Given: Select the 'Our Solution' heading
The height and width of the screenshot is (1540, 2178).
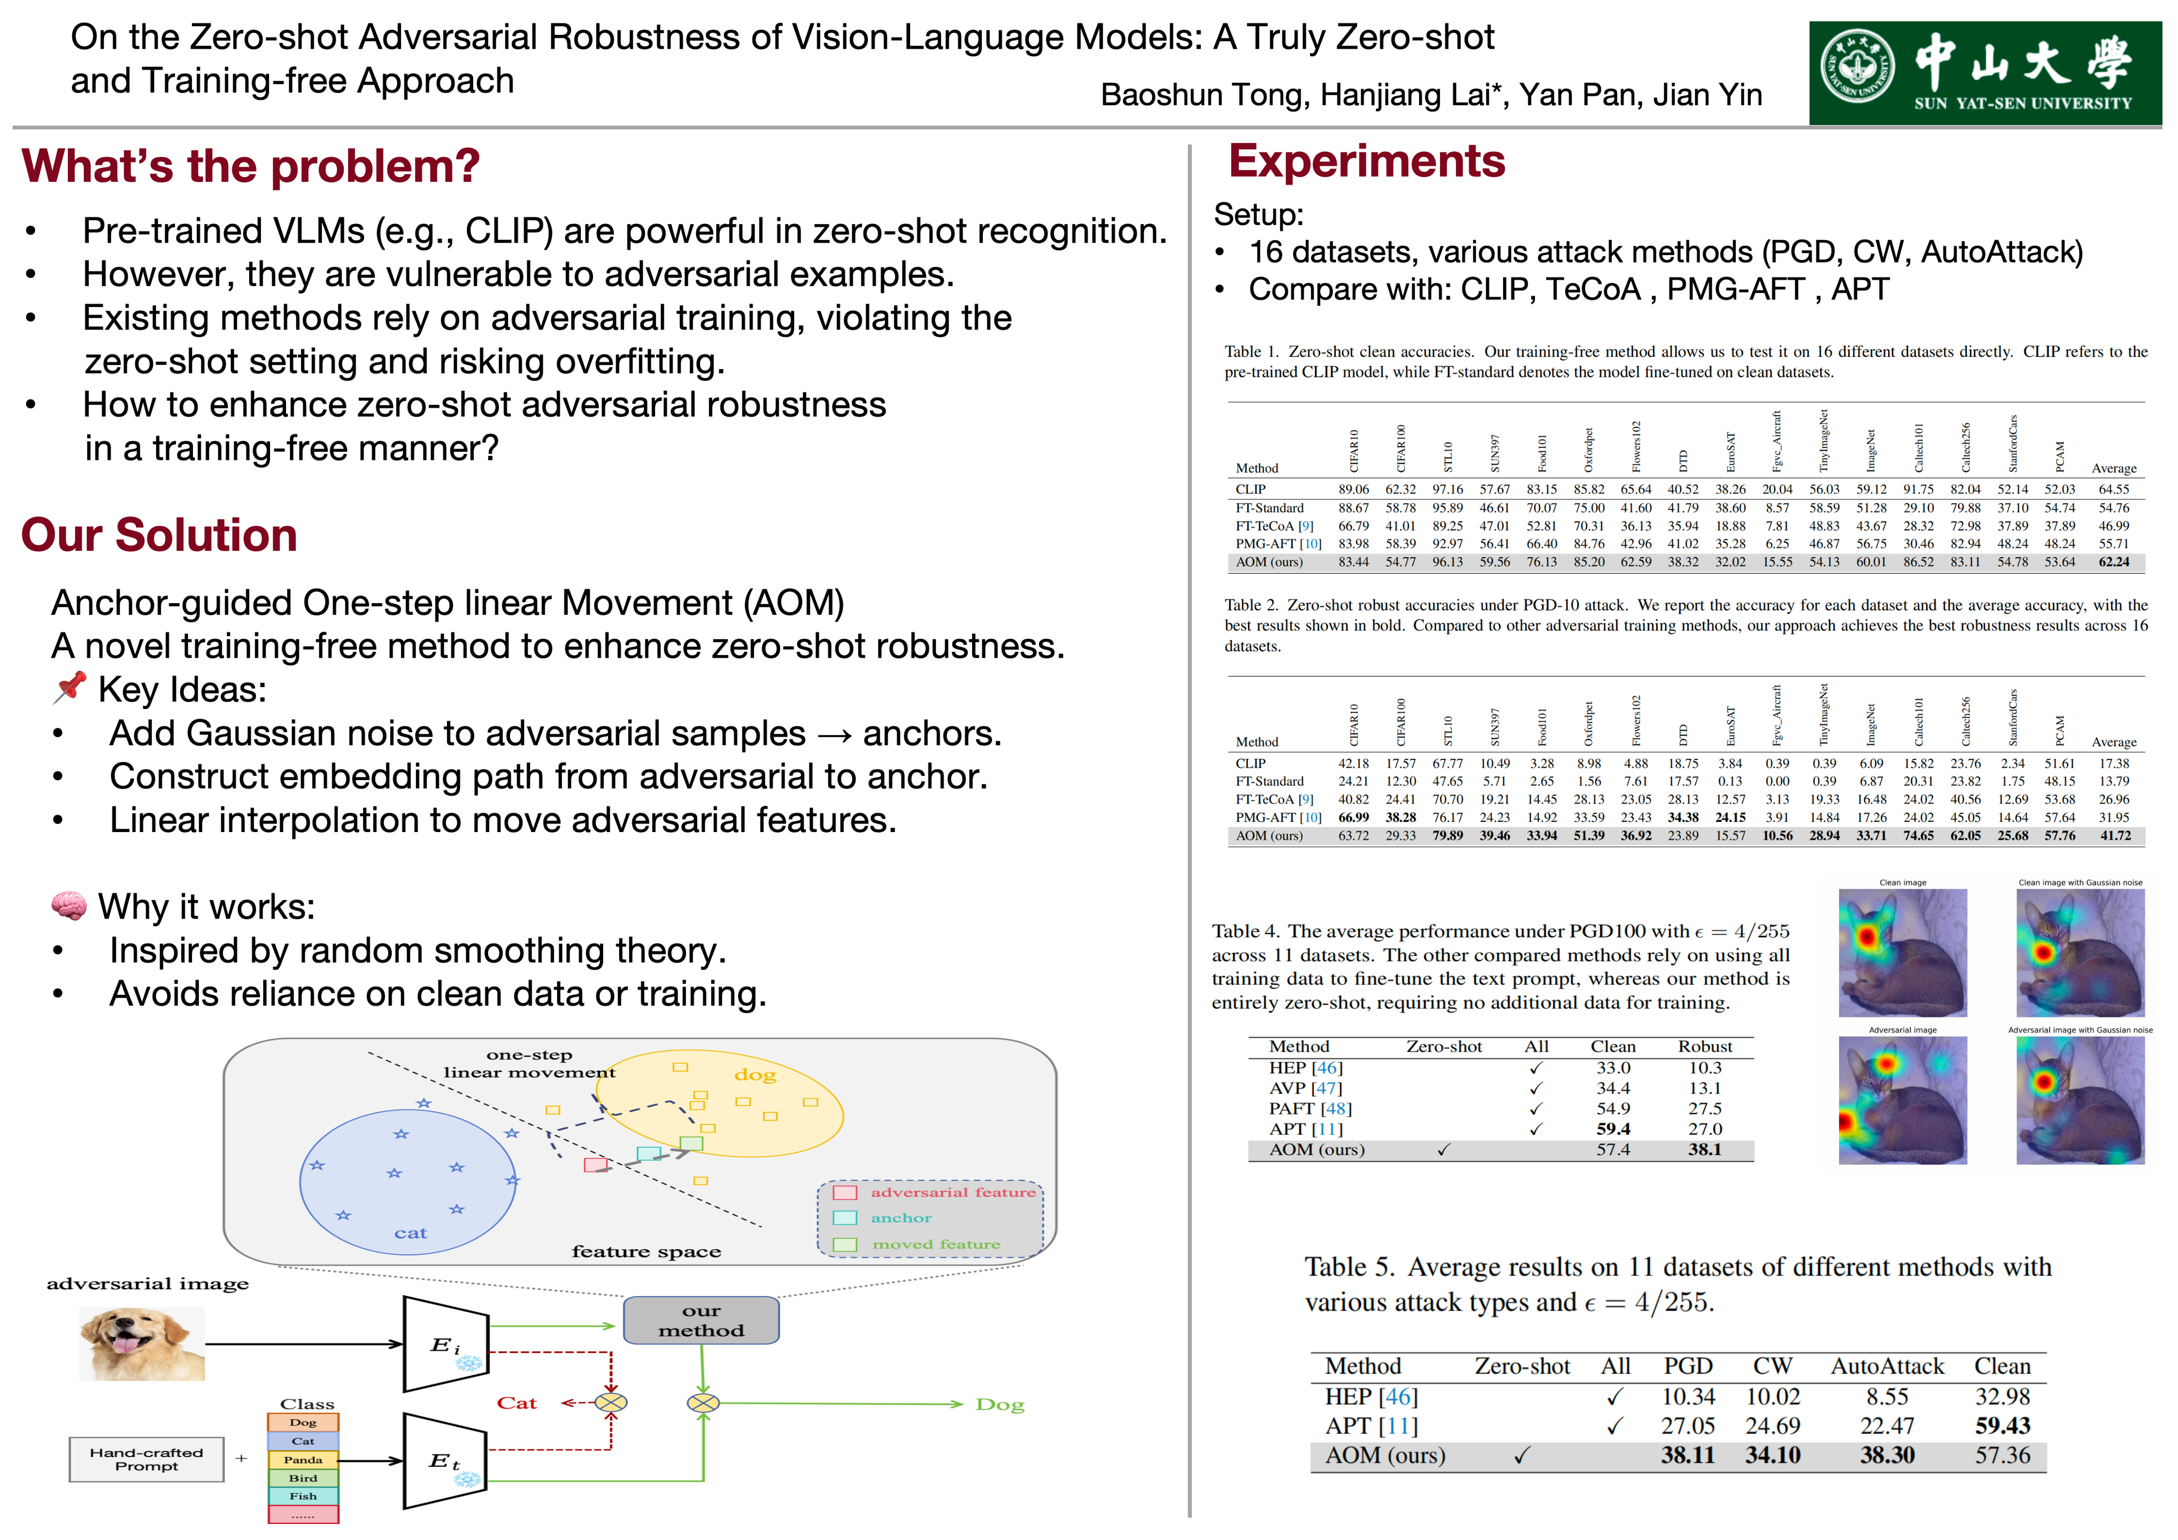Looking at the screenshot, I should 159,535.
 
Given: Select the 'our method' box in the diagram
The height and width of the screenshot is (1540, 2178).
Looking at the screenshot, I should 701,1320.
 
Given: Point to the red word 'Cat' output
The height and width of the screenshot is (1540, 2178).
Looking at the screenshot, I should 517,1403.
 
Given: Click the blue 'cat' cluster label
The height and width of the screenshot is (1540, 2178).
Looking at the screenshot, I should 411,1233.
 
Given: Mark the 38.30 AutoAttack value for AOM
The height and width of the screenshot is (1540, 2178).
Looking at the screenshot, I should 1887,1454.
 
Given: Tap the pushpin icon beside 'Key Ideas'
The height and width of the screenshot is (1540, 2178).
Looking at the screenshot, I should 69,688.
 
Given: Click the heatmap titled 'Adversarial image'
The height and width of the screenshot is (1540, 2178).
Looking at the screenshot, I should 1902,1100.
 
